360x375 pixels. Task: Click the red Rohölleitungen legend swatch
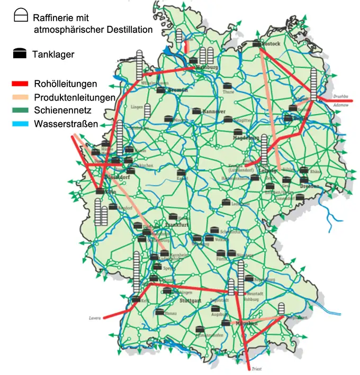pos(21,84)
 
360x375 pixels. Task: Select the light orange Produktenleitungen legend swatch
pos(21,97)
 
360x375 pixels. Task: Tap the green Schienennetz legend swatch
pos(21,111)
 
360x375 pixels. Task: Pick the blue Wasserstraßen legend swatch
pos(21,125)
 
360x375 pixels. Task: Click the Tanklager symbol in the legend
pos(20,53)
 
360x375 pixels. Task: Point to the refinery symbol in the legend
pos(20,16)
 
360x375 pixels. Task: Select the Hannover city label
pos(214,112)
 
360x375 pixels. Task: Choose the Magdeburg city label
pos(246,138)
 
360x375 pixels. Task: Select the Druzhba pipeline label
pos(341,96)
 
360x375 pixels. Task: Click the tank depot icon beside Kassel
pos(181,172)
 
